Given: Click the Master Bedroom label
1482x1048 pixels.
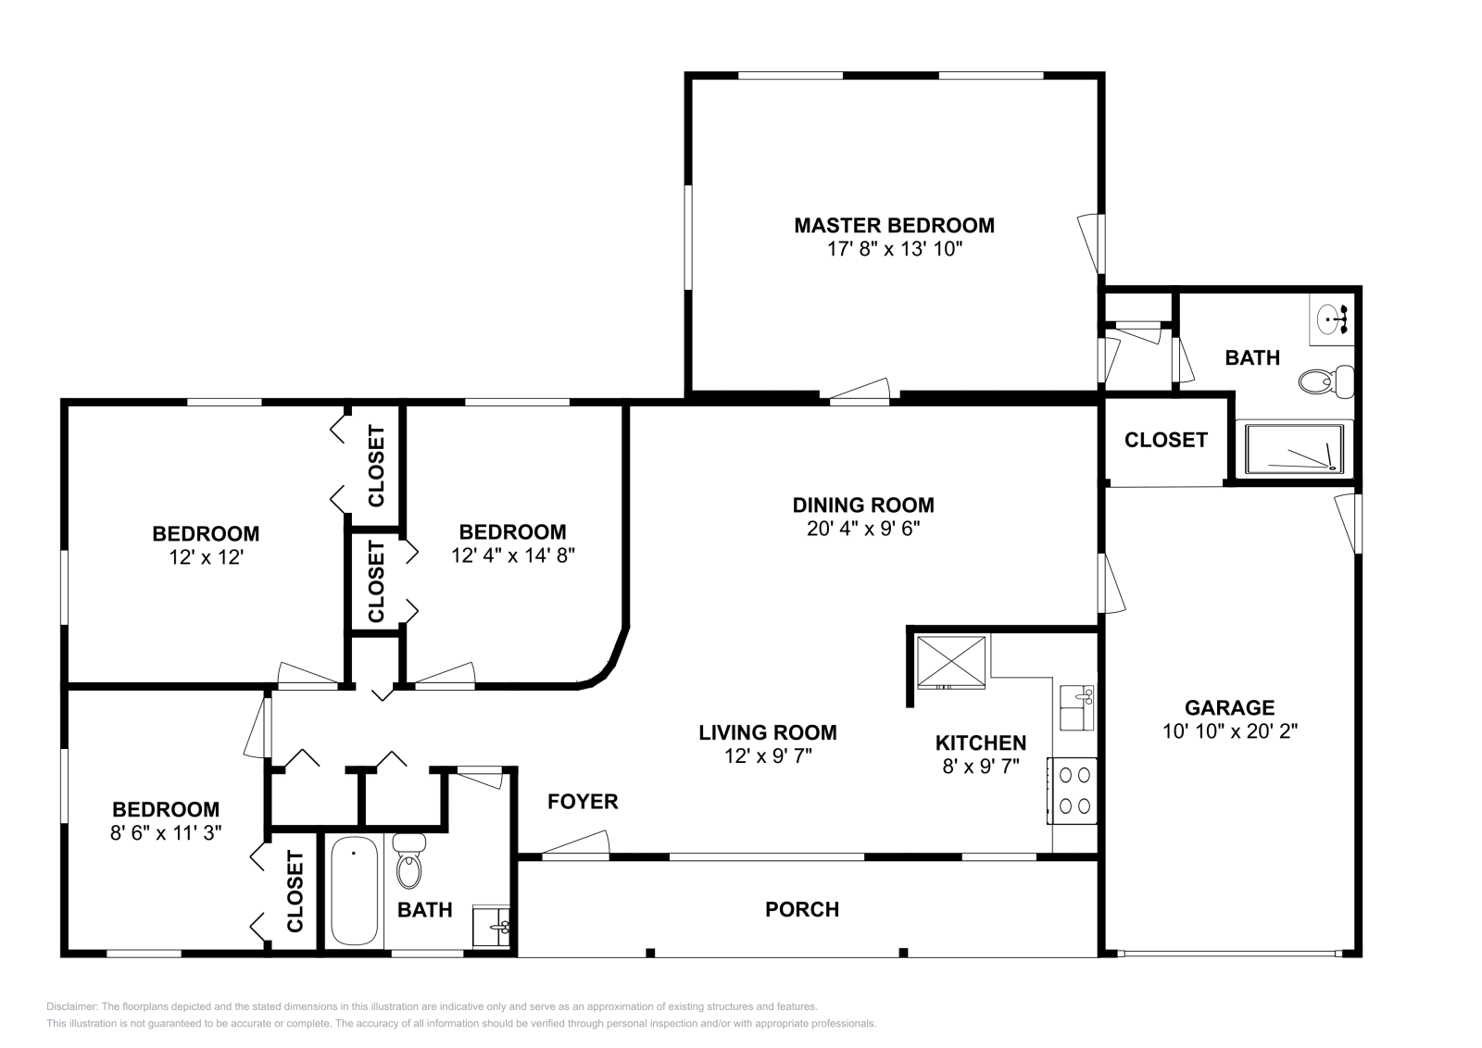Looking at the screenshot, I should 894,225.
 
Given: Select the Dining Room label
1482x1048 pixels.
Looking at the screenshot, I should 862,505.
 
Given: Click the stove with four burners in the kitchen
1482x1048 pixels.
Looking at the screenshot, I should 1073,790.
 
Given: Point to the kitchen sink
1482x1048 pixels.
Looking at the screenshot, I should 1077,708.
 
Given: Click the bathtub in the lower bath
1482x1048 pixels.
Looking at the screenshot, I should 354,891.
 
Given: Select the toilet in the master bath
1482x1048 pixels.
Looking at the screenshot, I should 1327,381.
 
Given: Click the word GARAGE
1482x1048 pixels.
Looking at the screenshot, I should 1229,707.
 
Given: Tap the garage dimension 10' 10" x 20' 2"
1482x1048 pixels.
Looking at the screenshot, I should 1229,730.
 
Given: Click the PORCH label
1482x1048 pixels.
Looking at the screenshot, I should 801,909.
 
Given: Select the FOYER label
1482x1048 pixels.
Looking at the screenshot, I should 582,801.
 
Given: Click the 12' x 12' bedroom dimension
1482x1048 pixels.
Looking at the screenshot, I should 205,557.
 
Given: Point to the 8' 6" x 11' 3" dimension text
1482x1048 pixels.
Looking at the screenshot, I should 165,832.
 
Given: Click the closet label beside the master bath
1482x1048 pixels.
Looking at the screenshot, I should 1165,440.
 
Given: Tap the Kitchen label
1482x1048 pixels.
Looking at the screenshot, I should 980,742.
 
